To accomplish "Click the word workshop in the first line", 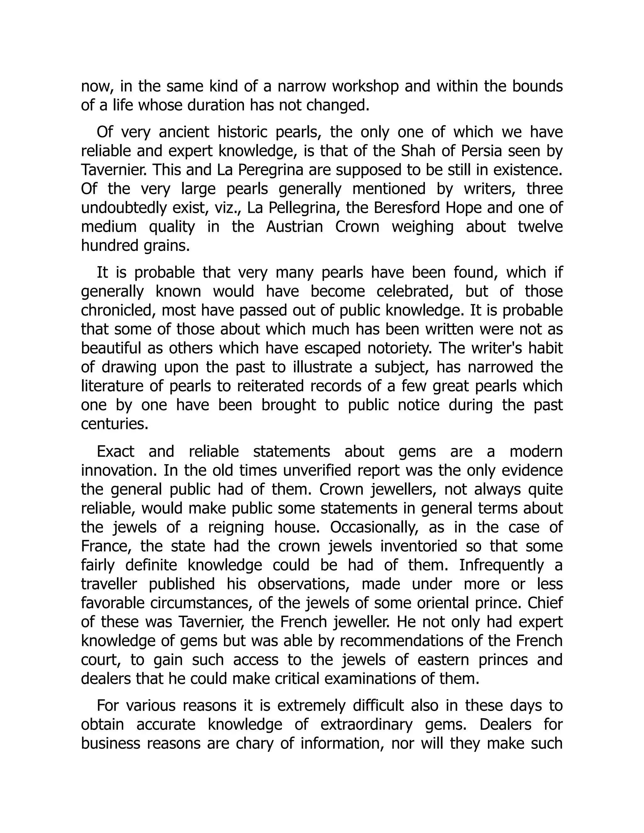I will coord(365,87).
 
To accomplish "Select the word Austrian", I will coord(295,227).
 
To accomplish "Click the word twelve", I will coord(540,227).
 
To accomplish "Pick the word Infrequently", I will coord(501,565).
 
